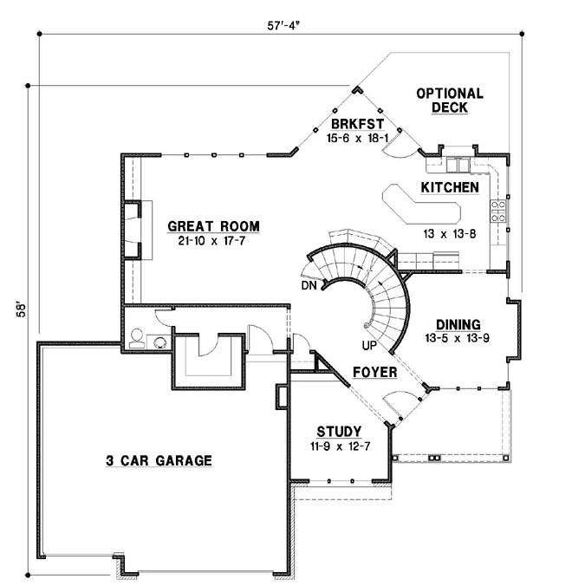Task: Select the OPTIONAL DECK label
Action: point(449,101)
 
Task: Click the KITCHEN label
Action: point(450,187)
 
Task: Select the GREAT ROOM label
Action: point(213,227)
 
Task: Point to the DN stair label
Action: point(309,285)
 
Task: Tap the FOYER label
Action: point(374,374)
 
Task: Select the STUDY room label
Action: point(338,431)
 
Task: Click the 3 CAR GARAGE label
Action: point(153,460)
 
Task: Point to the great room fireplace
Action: point(132,230)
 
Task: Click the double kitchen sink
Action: point(458,163)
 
